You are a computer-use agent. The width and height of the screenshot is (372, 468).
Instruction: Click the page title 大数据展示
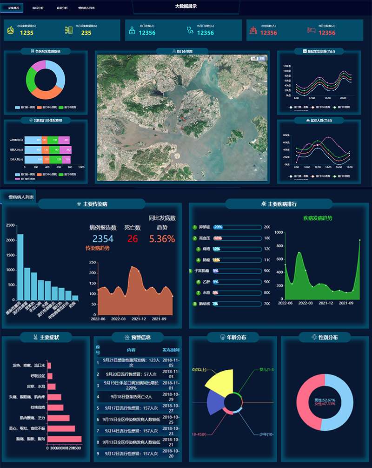[x=186, y=6]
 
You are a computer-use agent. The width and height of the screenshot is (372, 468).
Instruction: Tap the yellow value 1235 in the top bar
[x=27, y=33]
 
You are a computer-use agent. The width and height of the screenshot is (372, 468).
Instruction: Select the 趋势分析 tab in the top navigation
[x=62, y=8]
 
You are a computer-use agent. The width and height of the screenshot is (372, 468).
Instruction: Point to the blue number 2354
[x=103, y=239]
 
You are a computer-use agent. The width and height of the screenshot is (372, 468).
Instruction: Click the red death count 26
[x=133, y=239]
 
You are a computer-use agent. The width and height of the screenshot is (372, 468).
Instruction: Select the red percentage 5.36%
[x=162, y=239]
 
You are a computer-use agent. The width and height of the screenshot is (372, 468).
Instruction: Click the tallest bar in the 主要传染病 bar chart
[x=20, y=267]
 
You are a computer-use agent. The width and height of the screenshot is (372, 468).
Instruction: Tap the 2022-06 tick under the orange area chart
[x=98, y=319]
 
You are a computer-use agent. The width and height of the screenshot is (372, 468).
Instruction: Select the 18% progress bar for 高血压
[x=237, y=238]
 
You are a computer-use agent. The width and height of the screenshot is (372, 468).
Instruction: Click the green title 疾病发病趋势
[x=318, y=218]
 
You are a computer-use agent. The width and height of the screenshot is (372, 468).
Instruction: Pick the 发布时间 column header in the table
[x=171, y=350]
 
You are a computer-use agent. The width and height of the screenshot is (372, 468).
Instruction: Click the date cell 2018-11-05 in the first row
[x=171, y=363]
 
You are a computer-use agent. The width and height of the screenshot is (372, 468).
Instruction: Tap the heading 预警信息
[x=140, y=337]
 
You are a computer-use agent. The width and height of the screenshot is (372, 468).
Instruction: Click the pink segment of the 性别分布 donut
[x=306, y=410]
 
